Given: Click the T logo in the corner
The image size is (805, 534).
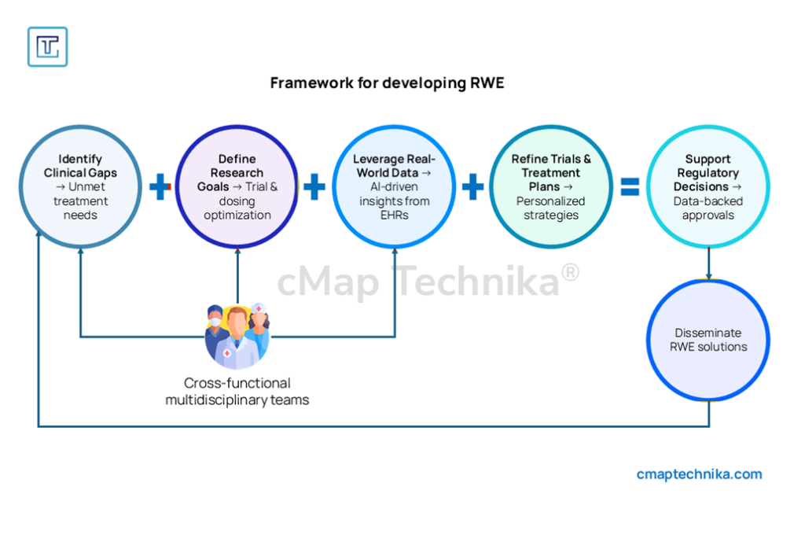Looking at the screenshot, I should tap(47, 46).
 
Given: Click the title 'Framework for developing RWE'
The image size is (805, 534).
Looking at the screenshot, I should tap(387, 83).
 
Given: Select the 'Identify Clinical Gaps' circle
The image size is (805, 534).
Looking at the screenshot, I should tap(80, 186).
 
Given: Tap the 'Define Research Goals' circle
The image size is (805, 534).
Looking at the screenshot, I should tap(237, 186).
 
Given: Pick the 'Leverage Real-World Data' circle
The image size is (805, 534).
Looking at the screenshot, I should tap(394, 186).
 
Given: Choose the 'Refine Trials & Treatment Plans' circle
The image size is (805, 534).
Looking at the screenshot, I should tap(551, 186).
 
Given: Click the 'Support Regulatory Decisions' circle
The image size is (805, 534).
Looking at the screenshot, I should tap(708, 186).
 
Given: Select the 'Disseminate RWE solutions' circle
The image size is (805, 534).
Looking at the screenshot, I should tap(708, 340).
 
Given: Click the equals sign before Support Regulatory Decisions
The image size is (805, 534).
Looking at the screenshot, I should tap(630, 187).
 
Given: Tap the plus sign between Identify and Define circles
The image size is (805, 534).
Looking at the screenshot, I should tap(160, 187).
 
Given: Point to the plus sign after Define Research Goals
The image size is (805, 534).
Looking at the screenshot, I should tap(314, 187).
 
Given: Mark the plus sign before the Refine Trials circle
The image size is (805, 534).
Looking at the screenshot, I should tap(472, 187).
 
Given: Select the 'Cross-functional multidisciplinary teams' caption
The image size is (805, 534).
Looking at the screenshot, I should tap(237, 392).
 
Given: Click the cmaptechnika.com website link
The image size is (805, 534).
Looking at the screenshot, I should tap(699, 474).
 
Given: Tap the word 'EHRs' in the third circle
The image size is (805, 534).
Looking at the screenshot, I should tap(394, 215).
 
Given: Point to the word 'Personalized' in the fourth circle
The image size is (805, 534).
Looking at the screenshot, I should tap(550, 201).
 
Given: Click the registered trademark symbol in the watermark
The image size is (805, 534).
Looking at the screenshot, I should tap(571, 272).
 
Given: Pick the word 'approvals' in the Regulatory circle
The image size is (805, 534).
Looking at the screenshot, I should tap(708, 215).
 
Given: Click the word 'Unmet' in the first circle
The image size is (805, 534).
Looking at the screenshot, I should tap(94, 186).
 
